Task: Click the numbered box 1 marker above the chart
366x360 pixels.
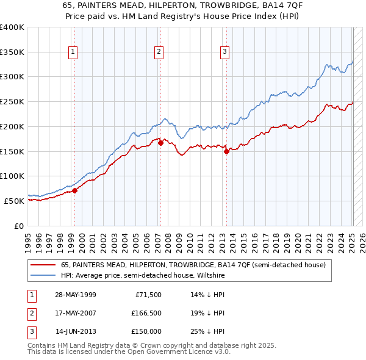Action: (x=73, y=52)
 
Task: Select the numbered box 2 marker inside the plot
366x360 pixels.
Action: (x=158, y=52)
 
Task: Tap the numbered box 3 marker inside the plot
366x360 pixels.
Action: (x=224, y=52)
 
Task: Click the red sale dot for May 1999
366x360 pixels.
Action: (x=75, y=190)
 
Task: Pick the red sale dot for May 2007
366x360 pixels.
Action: (x=160, y=143)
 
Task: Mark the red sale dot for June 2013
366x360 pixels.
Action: (x=226, y=151)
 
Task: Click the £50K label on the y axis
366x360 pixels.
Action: (x=15, y=201)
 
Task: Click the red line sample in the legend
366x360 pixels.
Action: (x=43, y=265)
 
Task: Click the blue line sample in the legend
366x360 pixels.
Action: (x=43, y=275)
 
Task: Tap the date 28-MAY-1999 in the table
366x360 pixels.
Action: (x=76, y=294)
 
